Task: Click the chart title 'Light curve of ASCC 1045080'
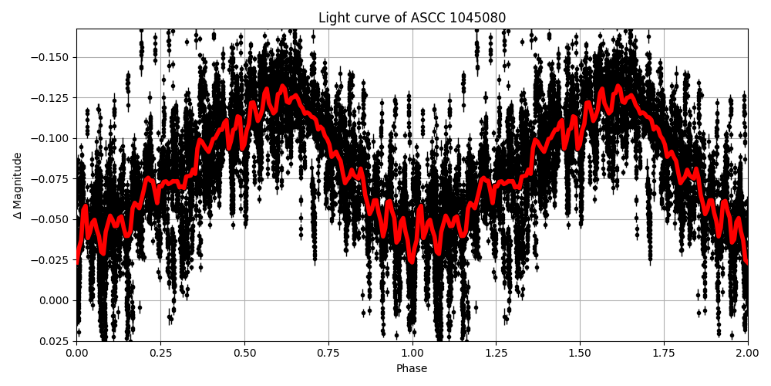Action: tap(412, 18)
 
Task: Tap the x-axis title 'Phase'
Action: tap(412, 369)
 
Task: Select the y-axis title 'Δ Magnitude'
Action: tap(18, 185)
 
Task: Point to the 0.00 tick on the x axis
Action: tap(76, 353)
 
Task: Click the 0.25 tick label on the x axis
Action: tap(160, 353)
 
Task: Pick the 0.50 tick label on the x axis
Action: tap(244, 353)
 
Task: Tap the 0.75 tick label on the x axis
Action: tap(328, 353)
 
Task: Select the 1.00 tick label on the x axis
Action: tap(412, 353)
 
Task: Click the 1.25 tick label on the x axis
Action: tap(496, 353)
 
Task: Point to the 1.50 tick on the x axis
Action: tap(580, 353)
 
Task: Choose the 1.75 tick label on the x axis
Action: tap(664, 353)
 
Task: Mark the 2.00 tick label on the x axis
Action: tap(747, 353)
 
